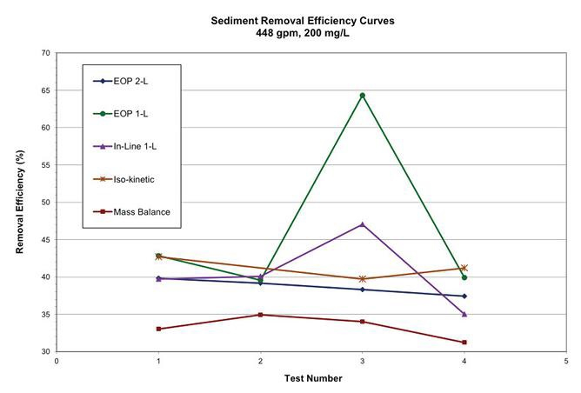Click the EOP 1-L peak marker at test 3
362,96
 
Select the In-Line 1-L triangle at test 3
362,224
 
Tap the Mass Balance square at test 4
464,343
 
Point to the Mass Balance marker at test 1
158,329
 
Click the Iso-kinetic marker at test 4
464,268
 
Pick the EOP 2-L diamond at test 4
464,296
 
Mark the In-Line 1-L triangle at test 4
464,314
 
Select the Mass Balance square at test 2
260,315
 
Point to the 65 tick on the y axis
44,90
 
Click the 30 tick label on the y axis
44,352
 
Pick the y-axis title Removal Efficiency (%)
20,203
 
